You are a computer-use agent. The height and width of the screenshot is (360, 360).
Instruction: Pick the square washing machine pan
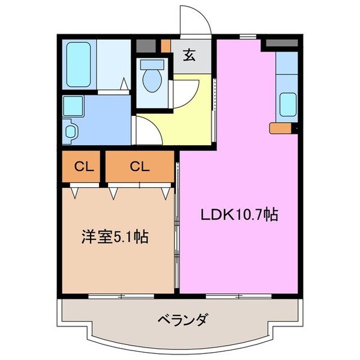[x=76, y=107]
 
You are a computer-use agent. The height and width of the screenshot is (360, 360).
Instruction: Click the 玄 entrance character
[x=188, y=56]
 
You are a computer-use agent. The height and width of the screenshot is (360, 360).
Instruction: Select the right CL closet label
[x=139, y=167]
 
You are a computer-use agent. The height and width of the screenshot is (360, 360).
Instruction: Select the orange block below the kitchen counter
[x=280, y=128]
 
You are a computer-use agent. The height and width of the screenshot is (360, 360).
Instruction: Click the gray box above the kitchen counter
[x=281, y=44]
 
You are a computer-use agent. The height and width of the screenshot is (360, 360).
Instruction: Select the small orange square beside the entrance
[x=166, y=44]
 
